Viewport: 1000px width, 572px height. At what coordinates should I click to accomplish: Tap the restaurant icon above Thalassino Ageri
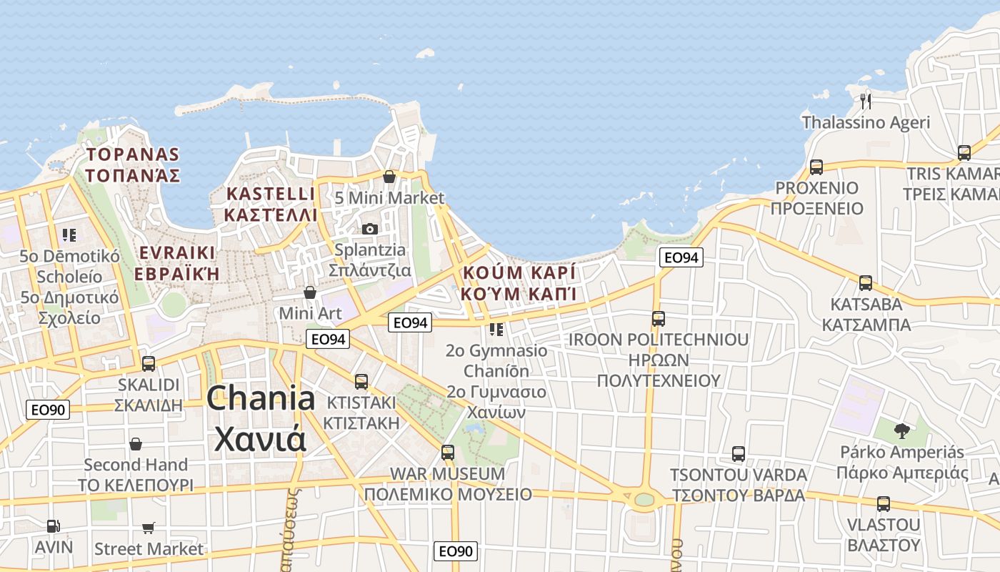point(866,100)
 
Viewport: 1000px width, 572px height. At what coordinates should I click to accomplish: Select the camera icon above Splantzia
point(369,229)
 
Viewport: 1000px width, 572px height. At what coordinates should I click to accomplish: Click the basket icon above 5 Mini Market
point(389,177)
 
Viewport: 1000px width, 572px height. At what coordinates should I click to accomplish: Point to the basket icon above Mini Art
point(310,292)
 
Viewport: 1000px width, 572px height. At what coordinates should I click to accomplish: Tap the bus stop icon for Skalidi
point(149,363)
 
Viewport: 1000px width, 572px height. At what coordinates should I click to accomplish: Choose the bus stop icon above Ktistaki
point(361,382)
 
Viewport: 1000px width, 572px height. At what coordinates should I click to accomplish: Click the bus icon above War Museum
point(448,453)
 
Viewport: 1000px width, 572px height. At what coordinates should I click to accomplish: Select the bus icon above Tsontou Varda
point(738,454)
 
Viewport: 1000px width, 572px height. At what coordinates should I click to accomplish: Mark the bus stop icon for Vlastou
point(884,504)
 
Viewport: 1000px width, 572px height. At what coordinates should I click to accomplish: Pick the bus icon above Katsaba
point(866,283)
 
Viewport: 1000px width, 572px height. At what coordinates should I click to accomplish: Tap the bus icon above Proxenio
point(816,167)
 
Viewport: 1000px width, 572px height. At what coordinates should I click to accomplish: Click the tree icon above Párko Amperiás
point(902,430)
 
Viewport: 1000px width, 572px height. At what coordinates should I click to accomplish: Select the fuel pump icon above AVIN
point(54,526)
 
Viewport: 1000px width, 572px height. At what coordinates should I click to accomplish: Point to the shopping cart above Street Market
point(149,528)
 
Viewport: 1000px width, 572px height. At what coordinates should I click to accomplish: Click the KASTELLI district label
point(270,204)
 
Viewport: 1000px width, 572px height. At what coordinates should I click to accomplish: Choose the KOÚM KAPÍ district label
point(519,283)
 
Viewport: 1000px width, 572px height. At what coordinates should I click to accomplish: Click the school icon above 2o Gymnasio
point(496,330)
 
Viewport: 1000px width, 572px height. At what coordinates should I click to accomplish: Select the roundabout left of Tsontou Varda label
point(644,499)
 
